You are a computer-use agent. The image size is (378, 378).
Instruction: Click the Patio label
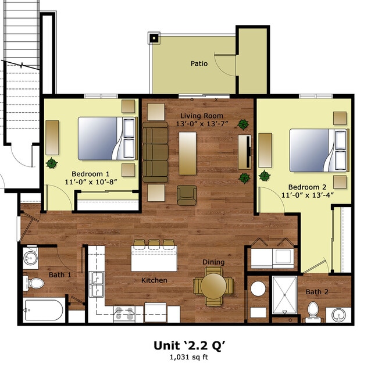(x=199, y=63)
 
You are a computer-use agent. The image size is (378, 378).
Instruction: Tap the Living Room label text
(x=201, y=116)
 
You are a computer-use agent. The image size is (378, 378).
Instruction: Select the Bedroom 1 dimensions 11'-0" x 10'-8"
(x=90, y=182)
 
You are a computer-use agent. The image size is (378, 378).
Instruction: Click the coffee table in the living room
(x=187, y=153)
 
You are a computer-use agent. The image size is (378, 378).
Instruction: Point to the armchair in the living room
(x=187, y=195)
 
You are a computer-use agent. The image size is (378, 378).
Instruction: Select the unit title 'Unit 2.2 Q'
(x=189, y=345)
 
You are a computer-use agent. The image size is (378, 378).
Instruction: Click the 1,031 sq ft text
(x=189, y=358)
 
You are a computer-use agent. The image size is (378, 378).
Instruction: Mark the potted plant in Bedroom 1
(x=52, y=163)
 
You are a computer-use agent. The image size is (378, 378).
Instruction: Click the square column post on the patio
(x=154, y=38)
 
